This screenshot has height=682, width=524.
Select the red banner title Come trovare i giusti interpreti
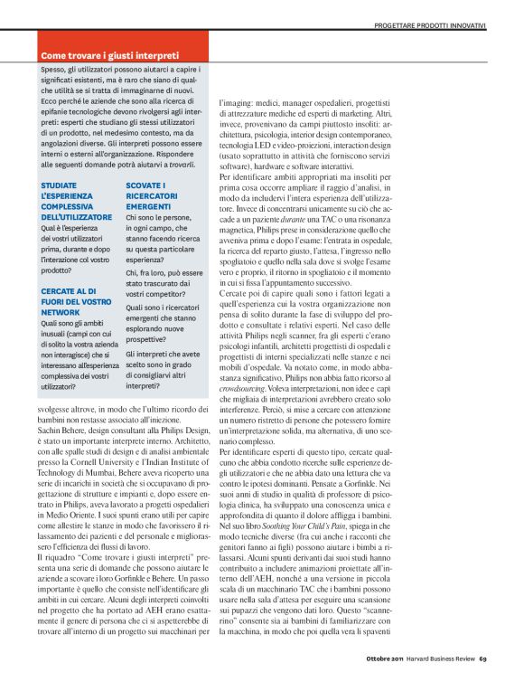coord(109,55)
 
